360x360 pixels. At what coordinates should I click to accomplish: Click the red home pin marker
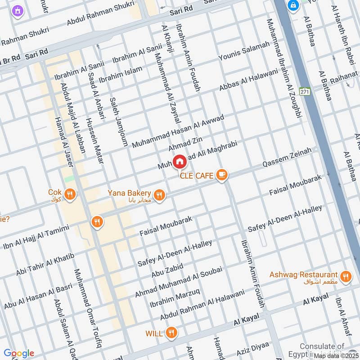click(x=180, y=161)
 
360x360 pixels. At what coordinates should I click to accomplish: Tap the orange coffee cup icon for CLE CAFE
click(x=221, y=175)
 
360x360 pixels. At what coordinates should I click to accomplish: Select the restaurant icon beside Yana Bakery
click(x=159, y=195)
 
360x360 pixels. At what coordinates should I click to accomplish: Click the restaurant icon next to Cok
click(x=70, y=194)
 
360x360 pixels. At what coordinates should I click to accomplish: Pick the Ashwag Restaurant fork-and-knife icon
click(x=346, y=276)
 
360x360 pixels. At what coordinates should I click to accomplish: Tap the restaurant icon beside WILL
click(x=171, y=333)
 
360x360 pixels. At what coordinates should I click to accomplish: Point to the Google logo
click(x=18, y=353)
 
